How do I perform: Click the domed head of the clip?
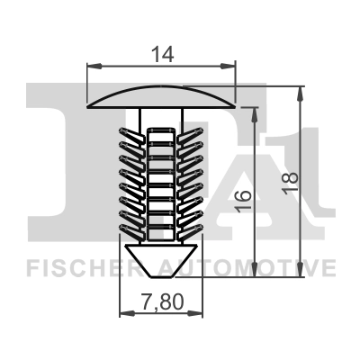pos(161,94)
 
